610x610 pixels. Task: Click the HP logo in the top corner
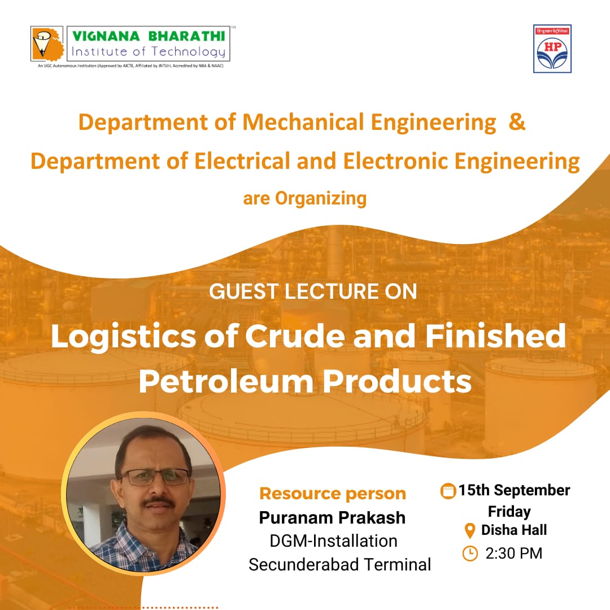pyautogui.click(x=552, y=49)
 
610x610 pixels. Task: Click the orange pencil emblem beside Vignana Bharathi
pyautogui.click(x=47, y=43)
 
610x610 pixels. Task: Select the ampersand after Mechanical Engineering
pyautogui.click(x=516, y=123)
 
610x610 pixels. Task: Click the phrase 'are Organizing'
pyautogui.click(x=305, y=198)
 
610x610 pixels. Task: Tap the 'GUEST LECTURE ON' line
pyautogui.click(x=313, y=291)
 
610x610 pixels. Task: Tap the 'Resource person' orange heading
pyautogui.click(x=333, y=494)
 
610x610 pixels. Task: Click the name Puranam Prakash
pyautogui.click(x=333, y=517)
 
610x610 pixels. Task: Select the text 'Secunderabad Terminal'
pyautogui.click(x=340, y=564)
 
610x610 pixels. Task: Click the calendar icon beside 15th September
pyautogui.click(x=448, y=491)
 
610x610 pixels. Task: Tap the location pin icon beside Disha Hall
pyautogui.click(x=469, y=531)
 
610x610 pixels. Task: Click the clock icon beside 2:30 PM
pyautogui.click(x=470, y=554)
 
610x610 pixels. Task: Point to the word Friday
pyautogui.click(x=509, y=512)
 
